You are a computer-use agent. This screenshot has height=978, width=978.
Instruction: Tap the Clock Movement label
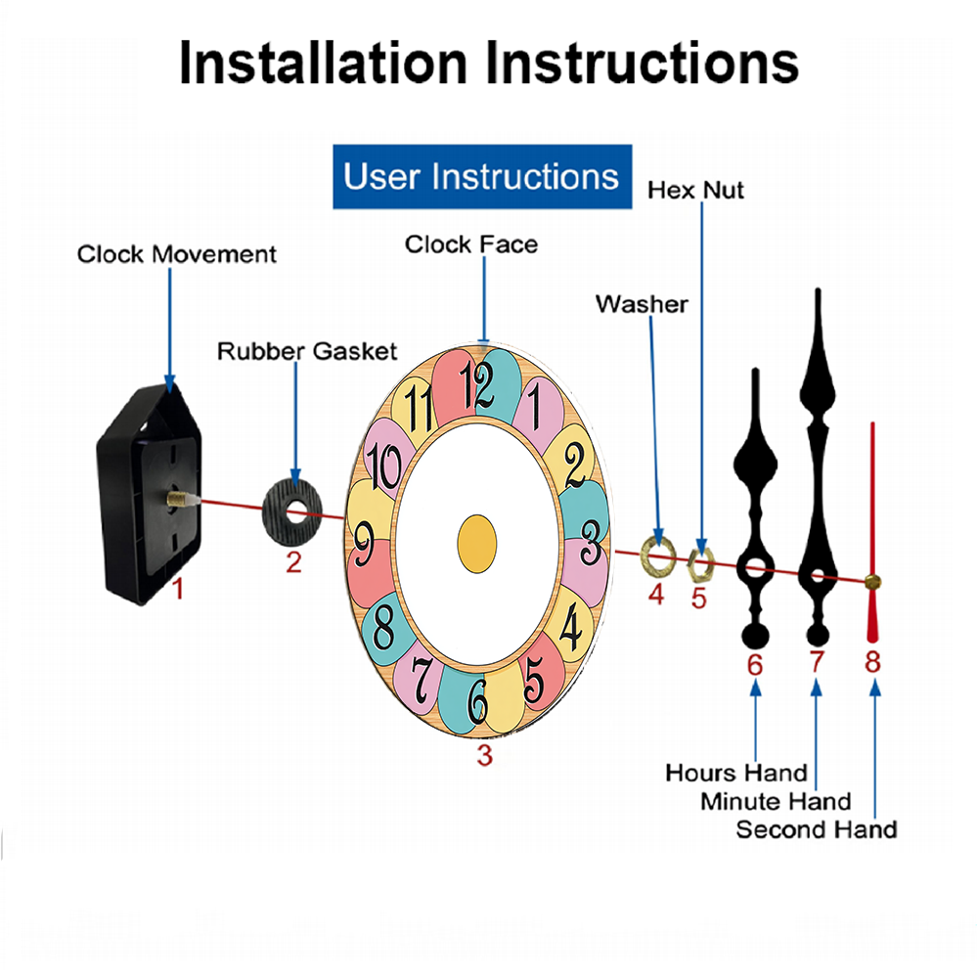[177, 254]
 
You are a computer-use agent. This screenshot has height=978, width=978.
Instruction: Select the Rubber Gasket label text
[307, 350]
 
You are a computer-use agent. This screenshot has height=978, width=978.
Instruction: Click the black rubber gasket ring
[294, 511]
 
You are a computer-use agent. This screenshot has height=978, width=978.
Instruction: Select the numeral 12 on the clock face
[480, 383]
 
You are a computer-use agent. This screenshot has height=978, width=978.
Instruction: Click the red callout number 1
[178, 589]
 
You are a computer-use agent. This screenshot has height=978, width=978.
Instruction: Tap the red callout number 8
[872, 662]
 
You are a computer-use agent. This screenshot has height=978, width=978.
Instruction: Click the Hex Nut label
[695, 189]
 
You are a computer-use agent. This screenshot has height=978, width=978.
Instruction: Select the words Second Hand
[816, 829]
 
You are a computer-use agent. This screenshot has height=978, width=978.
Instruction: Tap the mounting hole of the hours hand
[753, 566]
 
